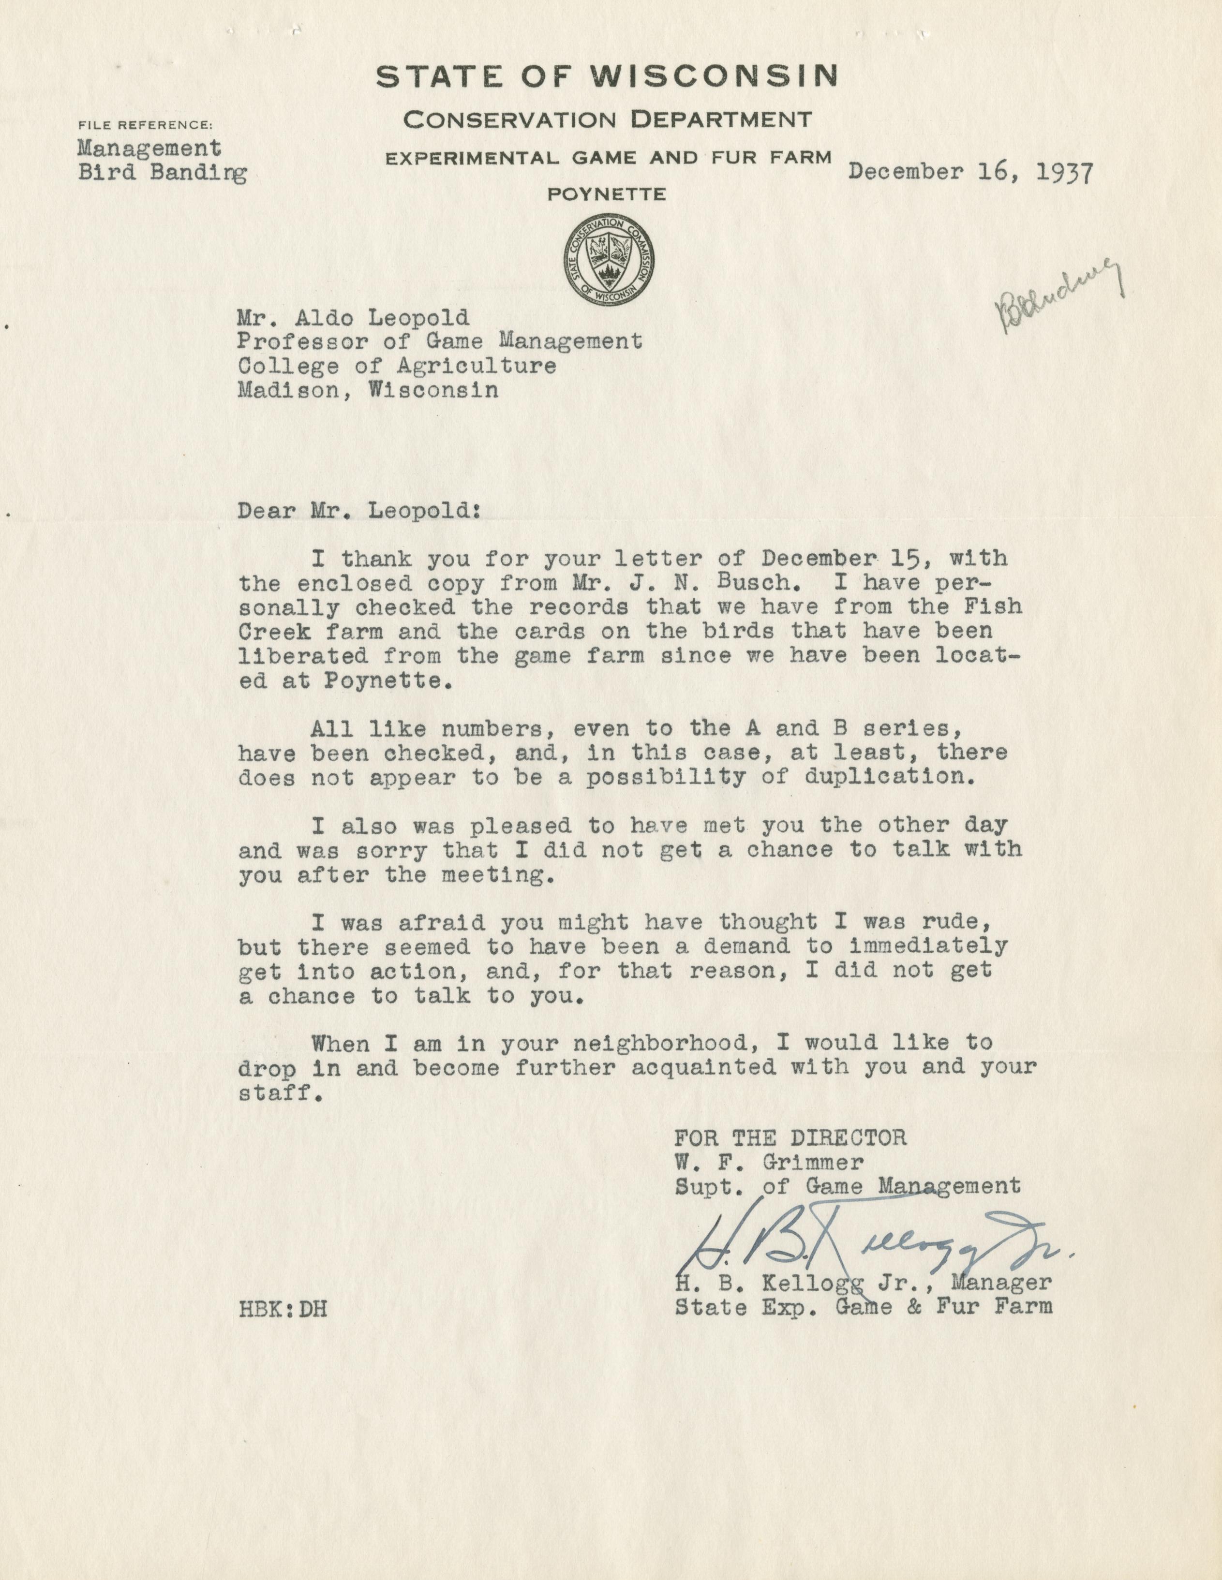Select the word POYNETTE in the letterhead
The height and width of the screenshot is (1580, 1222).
607,194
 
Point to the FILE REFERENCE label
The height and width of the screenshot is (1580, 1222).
146,124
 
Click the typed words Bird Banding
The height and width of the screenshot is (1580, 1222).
162,174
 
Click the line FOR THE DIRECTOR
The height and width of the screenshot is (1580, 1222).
790,1137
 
